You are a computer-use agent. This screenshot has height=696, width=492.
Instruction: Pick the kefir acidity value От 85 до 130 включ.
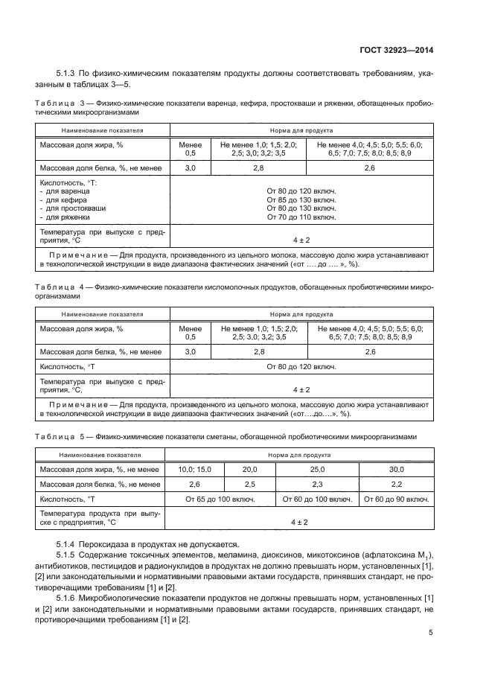[301, 200]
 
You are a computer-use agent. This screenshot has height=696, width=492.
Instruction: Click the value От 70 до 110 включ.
[301, 217]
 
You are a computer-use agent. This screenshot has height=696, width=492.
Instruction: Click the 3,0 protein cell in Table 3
[189, 169]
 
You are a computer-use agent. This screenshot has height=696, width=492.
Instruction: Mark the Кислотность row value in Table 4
[301, 366]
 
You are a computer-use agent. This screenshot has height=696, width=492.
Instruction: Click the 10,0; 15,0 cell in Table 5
[194, 470]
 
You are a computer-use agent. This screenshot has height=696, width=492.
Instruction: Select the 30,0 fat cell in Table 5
[396, 470]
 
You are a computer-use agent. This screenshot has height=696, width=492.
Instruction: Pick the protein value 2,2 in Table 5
[396, 484]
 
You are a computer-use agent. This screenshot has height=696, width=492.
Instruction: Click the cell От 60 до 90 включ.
[396, 499]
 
